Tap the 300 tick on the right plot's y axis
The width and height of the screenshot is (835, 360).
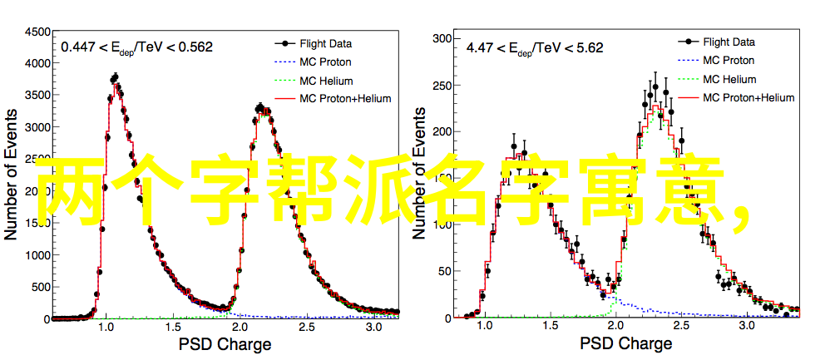pyautogui.click(x=441, y=38)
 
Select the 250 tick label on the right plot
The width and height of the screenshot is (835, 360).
pyautogui.click(x=441, y=85)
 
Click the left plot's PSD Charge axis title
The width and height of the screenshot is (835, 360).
pyautogui.click(x=225, y=345)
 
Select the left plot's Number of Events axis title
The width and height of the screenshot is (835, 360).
pyautogui.click(x=12, y=175)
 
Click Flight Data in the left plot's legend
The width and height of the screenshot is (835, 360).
pyautogui.click(x=326, y=43)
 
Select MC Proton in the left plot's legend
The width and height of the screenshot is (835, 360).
pyautogui.click(x=325, y=62)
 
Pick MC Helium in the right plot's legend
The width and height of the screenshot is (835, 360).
pyautogui.click(x=729, y=79)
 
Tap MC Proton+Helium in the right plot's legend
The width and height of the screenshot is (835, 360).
pyautogui.click(x=749, y=97)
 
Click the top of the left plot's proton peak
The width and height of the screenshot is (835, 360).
pyautogui.click(x=115, y=78)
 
